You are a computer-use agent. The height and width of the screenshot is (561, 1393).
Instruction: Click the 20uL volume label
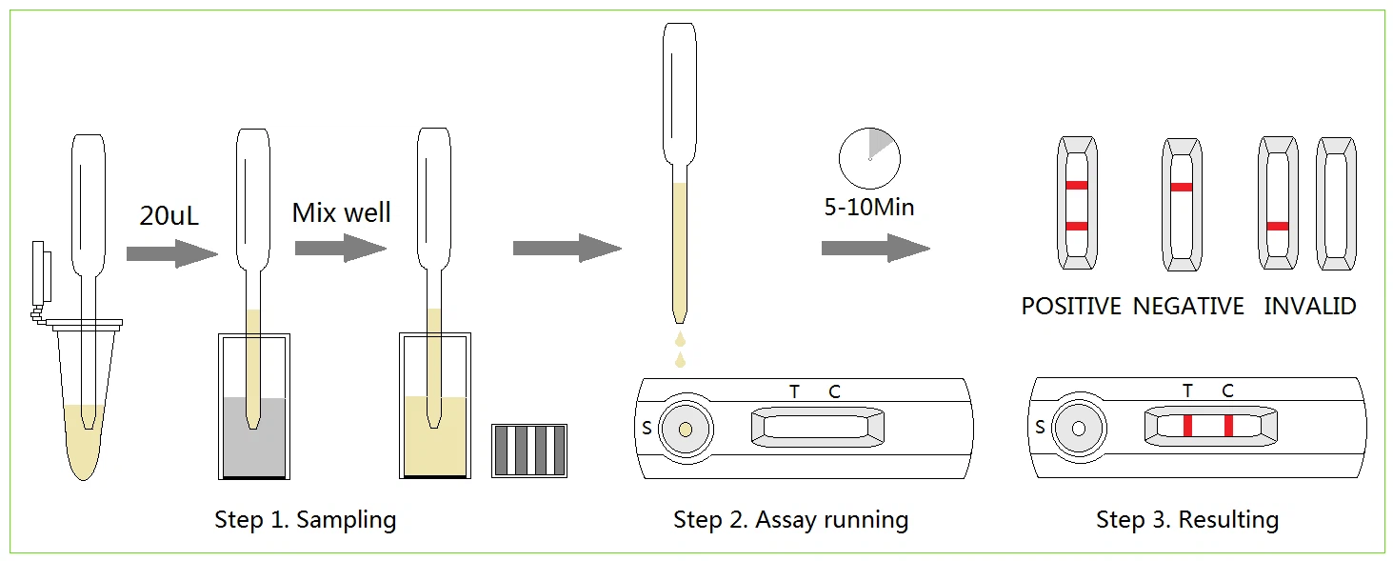click(169, 216)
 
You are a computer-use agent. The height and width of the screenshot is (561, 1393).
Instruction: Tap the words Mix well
click(342, 212)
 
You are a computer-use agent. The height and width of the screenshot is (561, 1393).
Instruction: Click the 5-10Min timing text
click(868, 207)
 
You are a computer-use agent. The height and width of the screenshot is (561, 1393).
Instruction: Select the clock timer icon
click(869, 159)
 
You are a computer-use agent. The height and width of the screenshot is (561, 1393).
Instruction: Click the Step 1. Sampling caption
click(306, 520)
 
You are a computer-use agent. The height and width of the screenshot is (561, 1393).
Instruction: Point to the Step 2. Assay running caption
click(790, 520)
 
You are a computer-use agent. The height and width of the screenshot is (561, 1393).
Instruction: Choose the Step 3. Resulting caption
click(1187, 519)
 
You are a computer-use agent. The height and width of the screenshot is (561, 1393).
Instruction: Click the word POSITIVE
click(1071, 306)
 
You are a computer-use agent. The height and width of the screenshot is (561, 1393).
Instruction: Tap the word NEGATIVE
click(1188, 306)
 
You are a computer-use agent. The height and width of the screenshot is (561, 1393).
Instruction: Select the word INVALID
click(1309, 306)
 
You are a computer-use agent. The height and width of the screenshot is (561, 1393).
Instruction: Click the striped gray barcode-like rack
click(529, 451)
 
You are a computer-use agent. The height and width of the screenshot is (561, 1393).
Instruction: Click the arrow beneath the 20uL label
click(172, 253)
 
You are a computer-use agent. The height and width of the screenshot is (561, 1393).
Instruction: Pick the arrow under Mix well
click(341, 249)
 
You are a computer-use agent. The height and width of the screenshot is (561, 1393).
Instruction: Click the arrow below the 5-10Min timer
click(876, 249)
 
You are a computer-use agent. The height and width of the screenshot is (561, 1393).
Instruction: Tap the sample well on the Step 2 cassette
click(686, 430)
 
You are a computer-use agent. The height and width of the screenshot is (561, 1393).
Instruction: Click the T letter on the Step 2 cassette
click(794, 391)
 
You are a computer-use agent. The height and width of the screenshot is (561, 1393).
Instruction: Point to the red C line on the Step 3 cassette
click(1228, 426)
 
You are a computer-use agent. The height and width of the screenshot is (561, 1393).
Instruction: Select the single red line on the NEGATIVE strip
click(1182, 188)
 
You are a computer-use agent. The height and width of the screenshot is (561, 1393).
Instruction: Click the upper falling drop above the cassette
click(680, 340)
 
